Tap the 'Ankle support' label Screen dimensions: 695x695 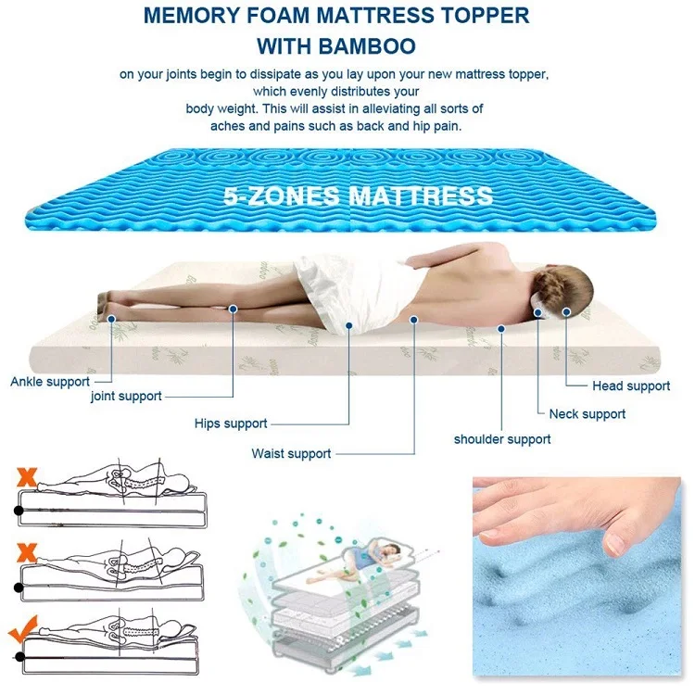(50, 382)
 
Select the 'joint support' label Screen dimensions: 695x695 (126, 396)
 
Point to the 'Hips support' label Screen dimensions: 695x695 (231, 423)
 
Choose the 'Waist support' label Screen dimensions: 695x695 (291, 453)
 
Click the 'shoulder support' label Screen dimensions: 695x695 (502, 439)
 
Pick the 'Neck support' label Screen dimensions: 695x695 (588, 414)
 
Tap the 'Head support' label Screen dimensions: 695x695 (631, 386)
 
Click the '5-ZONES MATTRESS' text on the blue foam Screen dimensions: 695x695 (358, 196)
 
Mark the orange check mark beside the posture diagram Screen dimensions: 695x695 (23, 629)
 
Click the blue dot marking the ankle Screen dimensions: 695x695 (111, 319)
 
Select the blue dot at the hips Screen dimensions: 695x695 (348, 326)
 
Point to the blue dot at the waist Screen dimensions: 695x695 (414, 319)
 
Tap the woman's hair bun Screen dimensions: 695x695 (549, 286)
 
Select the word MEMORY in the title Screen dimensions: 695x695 (191, 16)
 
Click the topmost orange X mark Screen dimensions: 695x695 (27, 477)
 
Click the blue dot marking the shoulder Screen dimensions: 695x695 (501, 329)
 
